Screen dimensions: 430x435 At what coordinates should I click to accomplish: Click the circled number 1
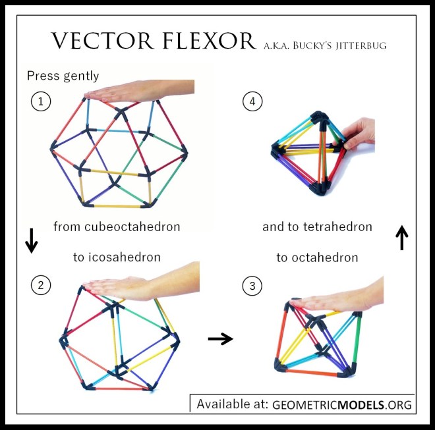pos(40,101)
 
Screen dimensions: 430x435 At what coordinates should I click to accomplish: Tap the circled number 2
pos(40,285)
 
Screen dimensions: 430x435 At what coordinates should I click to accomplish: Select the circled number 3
pos(251,285)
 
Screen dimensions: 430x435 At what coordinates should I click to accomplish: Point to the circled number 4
pos(251,101)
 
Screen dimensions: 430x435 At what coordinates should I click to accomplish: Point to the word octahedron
pos(326,257)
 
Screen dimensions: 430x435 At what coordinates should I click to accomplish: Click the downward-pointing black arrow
pos(31,240)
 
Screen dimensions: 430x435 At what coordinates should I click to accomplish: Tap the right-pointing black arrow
pos(220,338)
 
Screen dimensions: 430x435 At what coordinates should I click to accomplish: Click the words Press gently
pos(63,76)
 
